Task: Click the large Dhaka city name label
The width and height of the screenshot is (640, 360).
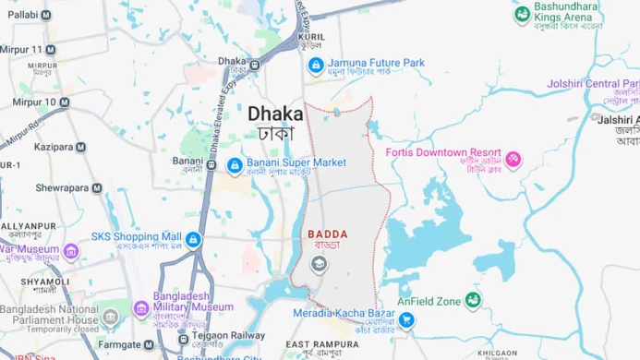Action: coord(274,112)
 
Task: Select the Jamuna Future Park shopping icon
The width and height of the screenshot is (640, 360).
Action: coord(315,66)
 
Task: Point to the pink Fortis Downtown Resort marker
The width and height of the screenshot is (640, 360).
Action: coord(511,160)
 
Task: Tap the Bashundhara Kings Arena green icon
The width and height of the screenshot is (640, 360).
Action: coord(523,14)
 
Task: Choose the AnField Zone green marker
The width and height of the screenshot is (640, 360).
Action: coord(473,301)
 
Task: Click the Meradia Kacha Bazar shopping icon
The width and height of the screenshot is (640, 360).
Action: coord(406,320)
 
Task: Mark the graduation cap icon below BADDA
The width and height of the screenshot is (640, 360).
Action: coord(319,265)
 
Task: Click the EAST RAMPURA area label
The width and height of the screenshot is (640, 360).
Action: coord(318,344)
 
